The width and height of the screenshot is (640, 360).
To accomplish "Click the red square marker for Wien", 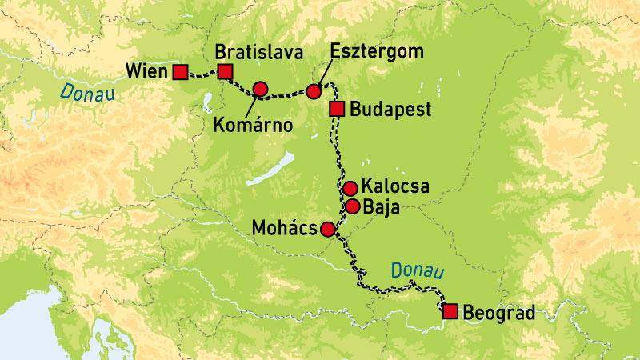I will pyautogui.click(x=182, y=73).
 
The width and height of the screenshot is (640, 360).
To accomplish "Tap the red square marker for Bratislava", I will pyautogui.click(x=225, y=73).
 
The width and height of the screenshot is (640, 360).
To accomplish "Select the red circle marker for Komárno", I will pyautogui.click(x=260, y=89).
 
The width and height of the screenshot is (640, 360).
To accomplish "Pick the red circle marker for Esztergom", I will pyautogui.click(x=314, y=92).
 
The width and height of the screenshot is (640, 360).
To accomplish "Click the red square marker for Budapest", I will pyautogui.click(x=337, y=109).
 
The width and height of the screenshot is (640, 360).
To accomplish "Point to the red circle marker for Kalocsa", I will pyautogui.click(x=350, y=189).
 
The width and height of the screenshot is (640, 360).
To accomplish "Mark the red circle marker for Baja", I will pyautogui.click(x=352, y=206).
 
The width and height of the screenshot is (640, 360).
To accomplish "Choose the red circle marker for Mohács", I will pyautogui.click(x=327, y=230).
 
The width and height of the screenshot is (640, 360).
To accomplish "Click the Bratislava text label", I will pyautogui.click(x=258, y=53).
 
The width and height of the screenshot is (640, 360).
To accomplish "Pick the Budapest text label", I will pyautogui.click(x=391, y=110).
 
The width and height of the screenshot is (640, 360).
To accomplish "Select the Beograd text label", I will pyautogui.click(x=498, y=312).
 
